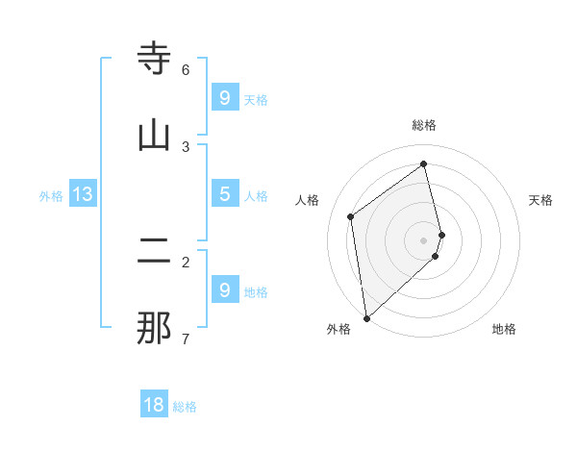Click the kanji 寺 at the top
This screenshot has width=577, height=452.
pos(154,60)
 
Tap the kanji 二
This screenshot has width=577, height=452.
pos(154,251)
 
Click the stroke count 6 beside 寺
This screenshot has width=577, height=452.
pos(186,69)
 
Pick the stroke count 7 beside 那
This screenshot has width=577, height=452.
pos(186,339)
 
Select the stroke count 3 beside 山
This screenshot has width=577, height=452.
pos(186,146)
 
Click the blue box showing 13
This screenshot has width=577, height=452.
pos(83,194)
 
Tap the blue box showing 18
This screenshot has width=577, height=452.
pos(154,405)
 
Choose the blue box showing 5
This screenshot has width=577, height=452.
pos(224,193)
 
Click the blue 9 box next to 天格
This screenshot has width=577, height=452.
pos(224,97)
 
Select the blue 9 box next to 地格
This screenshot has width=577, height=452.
pos(224,289)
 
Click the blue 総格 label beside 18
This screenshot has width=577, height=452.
pos(185,407)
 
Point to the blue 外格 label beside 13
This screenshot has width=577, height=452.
pos(51,196)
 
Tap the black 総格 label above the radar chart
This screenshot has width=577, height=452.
pos(424,125)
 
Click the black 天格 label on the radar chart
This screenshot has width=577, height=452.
pos(540,200)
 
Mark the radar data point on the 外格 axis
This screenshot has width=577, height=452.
pos(365,317)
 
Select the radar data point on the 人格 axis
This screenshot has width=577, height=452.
pos(351,216)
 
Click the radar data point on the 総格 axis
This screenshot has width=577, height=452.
pos(424,163)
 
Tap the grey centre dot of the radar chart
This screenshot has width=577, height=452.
pos(424,239)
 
